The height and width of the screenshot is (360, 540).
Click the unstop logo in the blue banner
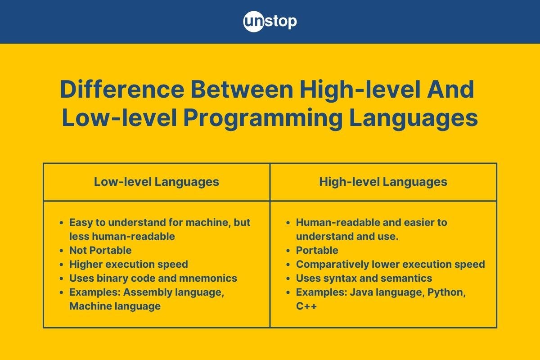click(x=270, y=22)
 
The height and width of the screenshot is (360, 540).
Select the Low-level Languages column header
click(x=156, y=182)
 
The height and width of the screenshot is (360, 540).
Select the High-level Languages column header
click(x=383, y=182)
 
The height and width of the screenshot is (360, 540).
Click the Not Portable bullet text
click(x=100, y=250)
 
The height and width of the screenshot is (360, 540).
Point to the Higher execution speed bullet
click(x=128, y=264)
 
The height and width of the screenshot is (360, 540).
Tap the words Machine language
click(x=115, y=306)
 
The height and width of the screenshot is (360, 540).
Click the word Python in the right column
click(x=446, y=292)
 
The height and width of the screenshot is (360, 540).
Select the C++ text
click(x=306, y=306)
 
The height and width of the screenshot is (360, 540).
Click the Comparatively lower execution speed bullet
click(x=390, y=264)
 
